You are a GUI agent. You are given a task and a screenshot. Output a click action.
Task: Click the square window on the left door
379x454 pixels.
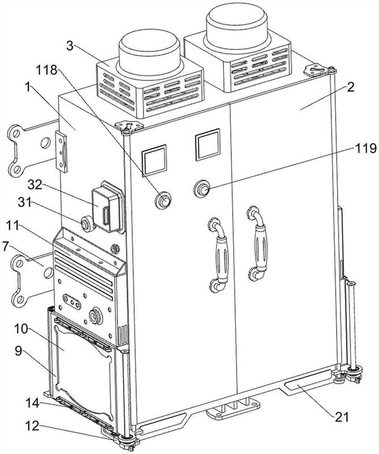point(154,161)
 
